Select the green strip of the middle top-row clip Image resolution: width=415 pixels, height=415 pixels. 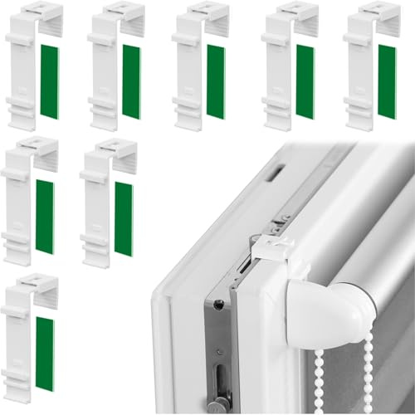tap(216, 81)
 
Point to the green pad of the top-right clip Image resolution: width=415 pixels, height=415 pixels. tap(387, 81)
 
